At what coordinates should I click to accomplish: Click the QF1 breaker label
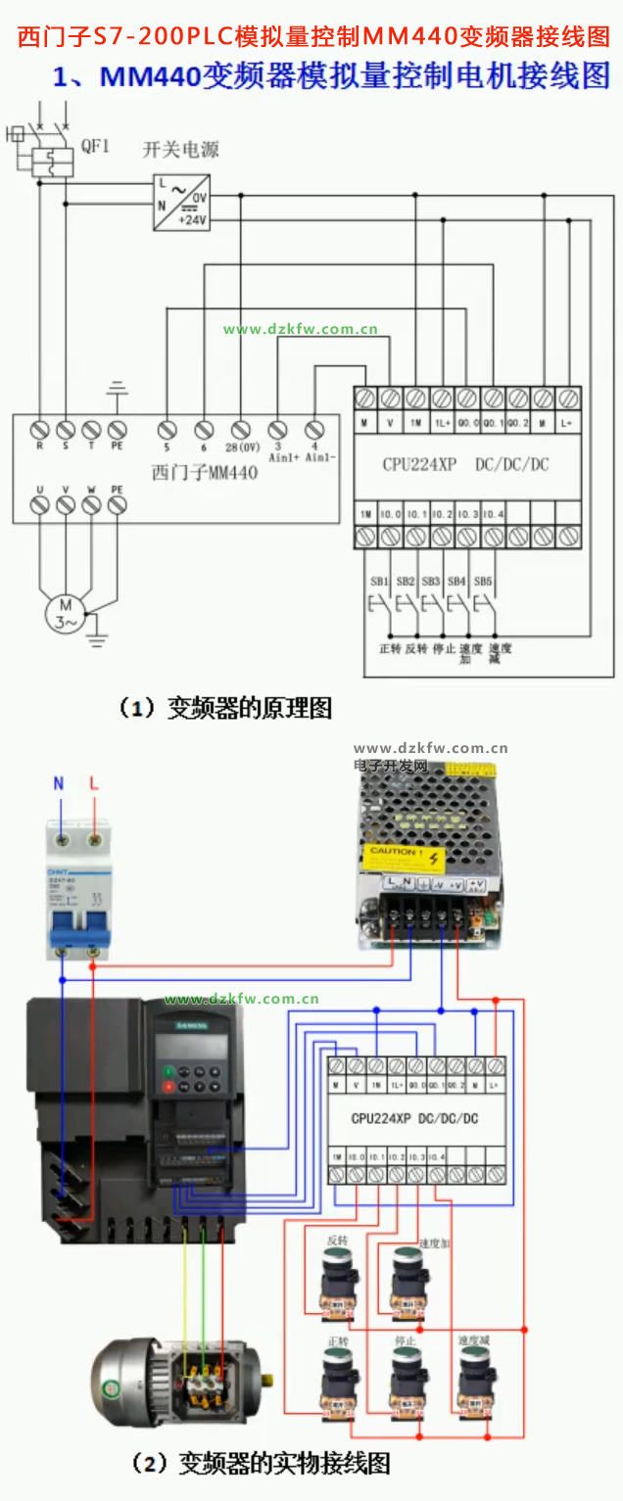pos(95,147)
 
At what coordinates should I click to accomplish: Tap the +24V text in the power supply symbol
pos(193,220)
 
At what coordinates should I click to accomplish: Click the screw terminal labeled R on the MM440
pos(40,430)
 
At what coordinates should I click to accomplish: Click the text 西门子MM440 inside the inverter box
pos(205,472)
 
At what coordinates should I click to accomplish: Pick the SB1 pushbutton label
pos(379,581)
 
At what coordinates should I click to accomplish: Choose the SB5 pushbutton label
pos(482,581)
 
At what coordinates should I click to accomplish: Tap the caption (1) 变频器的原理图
pos(224,707)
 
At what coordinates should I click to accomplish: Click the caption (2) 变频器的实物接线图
pos(260,1463)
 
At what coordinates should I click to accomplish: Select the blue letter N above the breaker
pos(59,784)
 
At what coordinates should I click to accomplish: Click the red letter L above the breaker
pos(94,784)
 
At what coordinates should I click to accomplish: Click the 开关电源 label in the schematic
pos(181,150)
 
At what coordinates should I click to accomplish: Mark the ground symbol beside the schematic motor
pos(97,641)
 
